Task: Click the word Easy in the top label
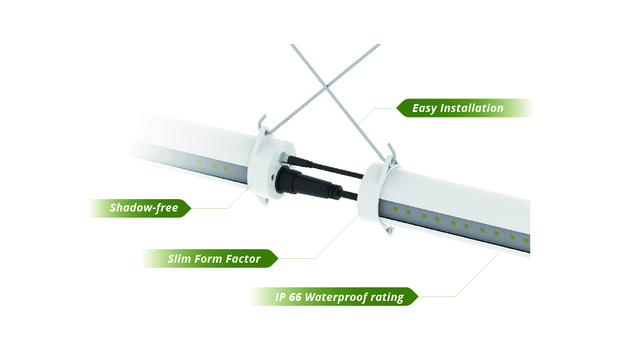tap(425, 109)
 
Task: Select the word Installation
tap(472, 108)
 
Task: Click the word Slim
tap(179, 259)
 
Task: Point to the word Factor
tap(243, 259)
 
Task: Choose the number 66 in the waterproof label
tap(295, 297)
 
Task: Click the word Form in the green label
tap(209, 259)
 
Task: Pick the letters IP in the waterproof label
tap(280, 297)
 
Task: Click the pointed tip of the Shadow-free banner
tap(191, 208)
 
